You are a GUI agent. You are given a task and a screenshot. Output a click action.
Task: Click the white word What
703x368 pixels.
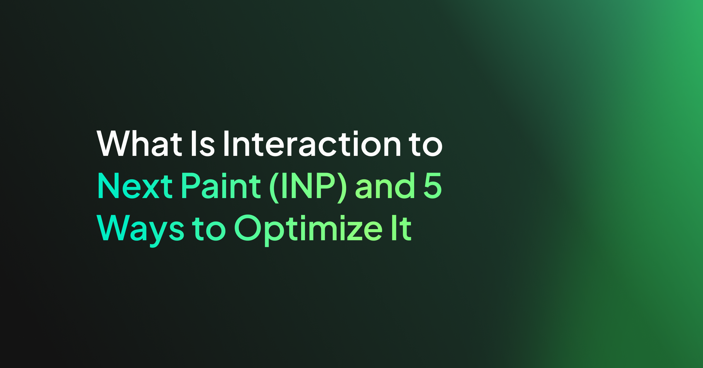[x=139, y=143]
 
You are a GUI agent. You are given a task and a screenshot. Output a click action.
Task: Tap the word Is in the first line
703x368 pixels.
[x=203, y=143]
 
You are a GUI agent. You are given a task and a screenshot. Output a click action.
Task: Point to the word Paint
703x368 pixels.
[x=221, y=185]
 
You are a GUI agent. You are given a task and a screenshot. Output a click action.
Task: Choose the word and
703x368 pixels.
[x=385, y=185]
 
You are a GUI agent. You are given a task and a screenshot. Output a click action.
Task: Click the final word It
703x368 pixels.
[x=402, y=228]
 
